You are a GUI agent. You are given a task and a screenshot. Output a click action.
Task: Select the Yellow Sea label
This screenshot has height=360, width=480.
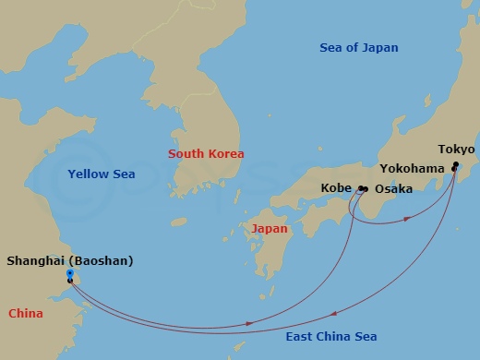pyautogui.click(x=102, y=174)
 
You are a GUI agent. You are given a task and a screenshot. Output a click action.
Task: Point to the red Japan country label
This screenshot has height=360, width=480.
pyautogui.click(x=270, y=228)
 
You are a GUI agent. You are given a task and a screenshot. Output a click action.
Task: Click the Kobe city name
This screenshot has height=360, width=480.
pyautogui.click(x=336, y=188)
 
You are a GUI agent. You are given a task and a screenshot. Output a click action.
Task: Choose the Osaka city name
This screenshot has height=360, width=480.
pyautogui.click(x=393, y=188)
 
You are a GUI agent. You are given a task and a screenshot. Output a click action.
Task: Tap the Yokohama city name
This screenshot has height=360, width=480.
pyautogui.click(x=412, y=168)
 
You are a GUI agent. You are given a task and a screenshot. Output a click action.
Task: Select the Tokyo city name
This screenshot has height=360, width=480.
pyautogui.click(x=456, y=149)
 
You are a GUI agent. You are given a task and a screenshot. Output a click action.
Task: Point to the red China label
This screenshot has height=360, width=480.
pyautogui.click(x=26, y=314)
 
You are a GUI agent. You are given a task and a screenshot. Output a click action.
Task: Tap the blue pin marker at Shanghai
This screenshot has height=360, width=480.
pyautogui.click(x=70, y=273)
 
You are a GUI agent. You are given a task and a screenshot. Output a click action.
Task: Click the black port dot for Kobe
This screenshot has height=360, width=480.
pyautogui.click(x=360, y=189)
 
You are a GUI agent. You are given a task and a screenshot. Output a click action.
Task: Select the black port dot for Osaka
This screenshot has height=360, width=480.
pyautogui.click(x=366, y=189)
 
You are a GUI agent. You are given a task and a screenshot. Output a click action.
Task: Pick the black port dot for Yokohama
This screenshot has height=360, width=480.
pyautogui.click(x=453, y=169)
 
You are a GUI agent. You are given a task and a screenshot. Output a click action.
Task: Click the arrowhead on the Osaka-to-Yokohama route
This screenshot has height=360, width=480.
pyautogui.click(x=408, y=220)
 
